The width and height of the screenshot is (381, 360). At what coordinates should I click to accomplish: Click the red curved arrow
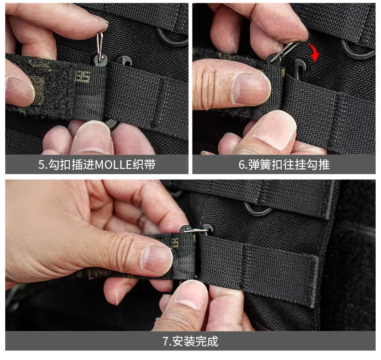315,52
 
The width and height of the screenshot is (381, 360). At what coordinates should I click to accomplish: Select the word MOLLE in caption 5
113,165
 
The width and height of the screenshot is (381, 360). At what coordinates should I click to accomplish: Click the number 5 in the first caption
41,165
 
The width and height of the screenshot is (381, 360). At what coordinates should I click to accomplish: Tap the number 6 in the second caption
242,165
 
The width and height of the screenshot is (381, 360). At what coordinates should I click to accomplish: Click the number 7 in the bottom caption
165,341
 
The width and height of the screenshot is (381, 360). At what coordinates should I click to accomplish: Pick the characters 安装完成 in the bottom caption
195,341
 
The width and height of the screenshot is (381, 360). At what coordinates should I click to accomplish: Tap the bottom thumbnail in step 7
192,295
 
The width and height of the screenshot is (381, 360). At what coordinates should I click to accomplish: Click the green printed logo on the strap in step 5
83,77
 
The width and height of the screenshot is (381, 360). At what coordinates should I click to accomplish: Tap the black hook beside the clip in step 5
124,61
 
